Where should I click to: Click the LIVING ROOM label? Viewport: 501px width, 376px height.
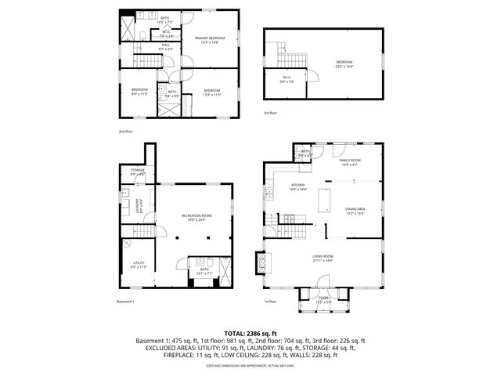click(323, 258)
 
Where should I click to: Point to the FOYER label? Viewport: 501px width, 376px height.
click(323, 298)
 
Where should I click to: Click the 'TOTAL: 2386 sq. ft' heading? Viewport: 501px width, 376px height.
click(250, 334)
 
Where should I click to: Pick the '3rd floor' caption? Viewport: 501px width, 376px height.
click(270, 114)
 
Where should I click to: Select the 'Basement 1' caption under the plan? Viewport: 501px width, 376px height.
click(126, 302)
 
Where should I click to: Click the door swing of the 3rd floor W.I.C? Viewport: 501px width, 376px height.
click(313, 77)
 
